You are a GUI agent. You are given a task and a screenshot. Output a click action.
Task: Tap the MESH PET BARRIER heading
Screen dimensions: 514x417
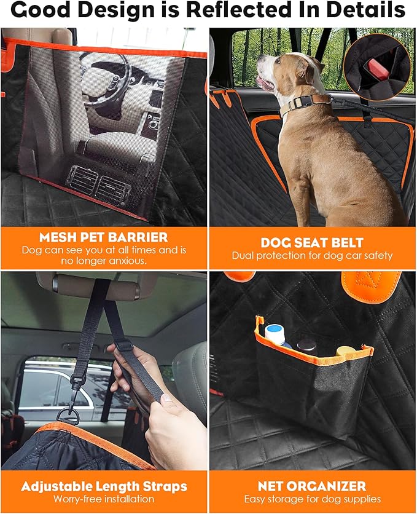[103, 237]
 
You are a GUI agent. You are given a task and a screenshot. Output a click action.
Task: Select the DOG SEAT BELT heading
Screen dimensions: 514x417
[312, 242]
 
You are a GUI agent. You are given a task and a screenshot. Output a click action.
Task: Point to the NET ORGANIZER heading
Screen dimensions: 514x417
[312, 486]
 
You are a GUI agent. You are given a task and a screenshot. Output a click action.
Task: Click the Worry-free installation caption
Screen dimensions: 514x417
[104, 499]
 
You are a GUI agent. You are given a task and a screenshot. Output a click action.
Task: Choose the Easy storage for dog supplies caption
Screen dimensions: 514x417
[312, 499]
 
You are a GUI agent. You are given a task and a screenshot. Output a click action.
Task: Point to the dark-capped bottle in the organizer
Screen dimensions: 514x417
[307, 344]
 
